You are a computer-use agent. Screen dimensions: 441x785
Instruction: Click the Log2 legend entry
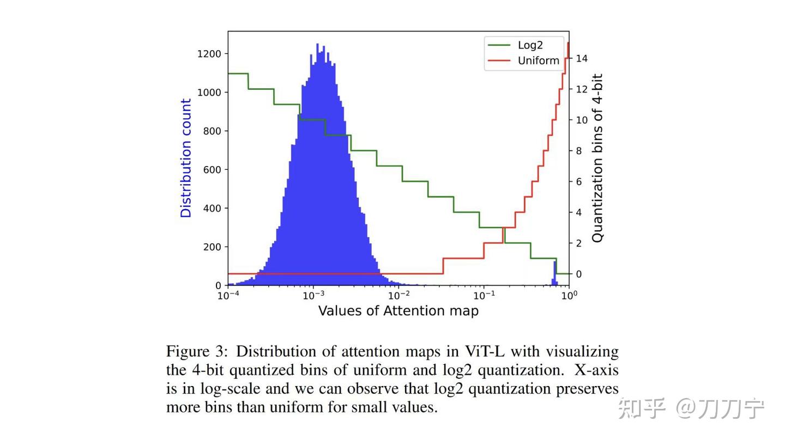click(x=530, y=45)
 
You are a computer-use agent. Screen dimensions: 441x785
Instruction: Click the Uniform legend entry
click(x=538, y=60)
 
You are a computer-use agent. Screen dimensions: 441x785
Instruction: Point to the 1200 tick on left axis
click(x=209, y=54)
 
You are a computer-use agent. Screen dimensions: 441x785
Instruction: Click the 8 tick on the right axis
click(x=579, y=151)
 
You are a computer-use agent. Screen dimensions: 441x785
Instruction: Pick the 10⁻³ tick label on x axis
click(x=313, y=295)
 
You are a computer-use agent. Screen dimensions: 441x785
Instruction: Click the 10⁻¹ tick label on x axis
click(x=484, y=295)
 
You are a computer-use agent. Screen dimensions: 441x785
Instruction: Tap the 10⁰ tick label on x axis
click(x=569, y=295)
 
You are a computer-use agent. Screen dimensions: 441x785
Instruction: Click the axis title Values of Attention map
click(x=398, y=311)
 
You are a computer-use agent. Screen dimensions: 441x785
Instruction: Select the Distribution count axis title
click(x=186, y=158)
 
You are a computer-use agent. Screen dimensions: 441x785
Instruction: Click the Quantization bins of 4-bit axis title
click(x=597, y=158)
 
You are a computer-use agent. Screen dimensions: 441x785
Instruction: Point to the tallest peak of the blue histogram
click(x=317, y=45)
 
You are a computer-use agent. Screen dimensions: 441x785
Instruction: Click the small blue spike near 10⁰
click(x=555, y=272)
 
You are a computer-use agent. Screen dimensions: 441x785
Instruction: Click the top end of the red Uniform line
click(x=569, y=44)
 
